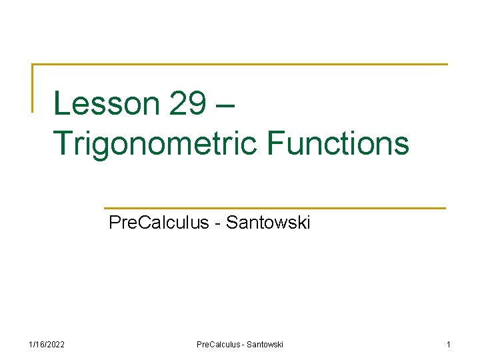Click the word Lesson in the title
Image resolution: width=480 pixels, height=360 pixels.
(x=106, y=104)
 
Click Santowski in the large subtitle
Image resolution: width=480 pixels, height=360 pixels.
(x=268, y=223)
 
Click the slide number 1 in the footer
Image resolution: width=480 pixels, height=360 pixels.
(x=448, y=344)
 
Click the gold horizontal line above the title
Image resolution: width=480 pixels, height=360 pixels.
(x=240, y=65)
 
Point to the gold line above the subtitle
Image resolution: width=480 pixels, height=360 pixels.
(x=275, y=208)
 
